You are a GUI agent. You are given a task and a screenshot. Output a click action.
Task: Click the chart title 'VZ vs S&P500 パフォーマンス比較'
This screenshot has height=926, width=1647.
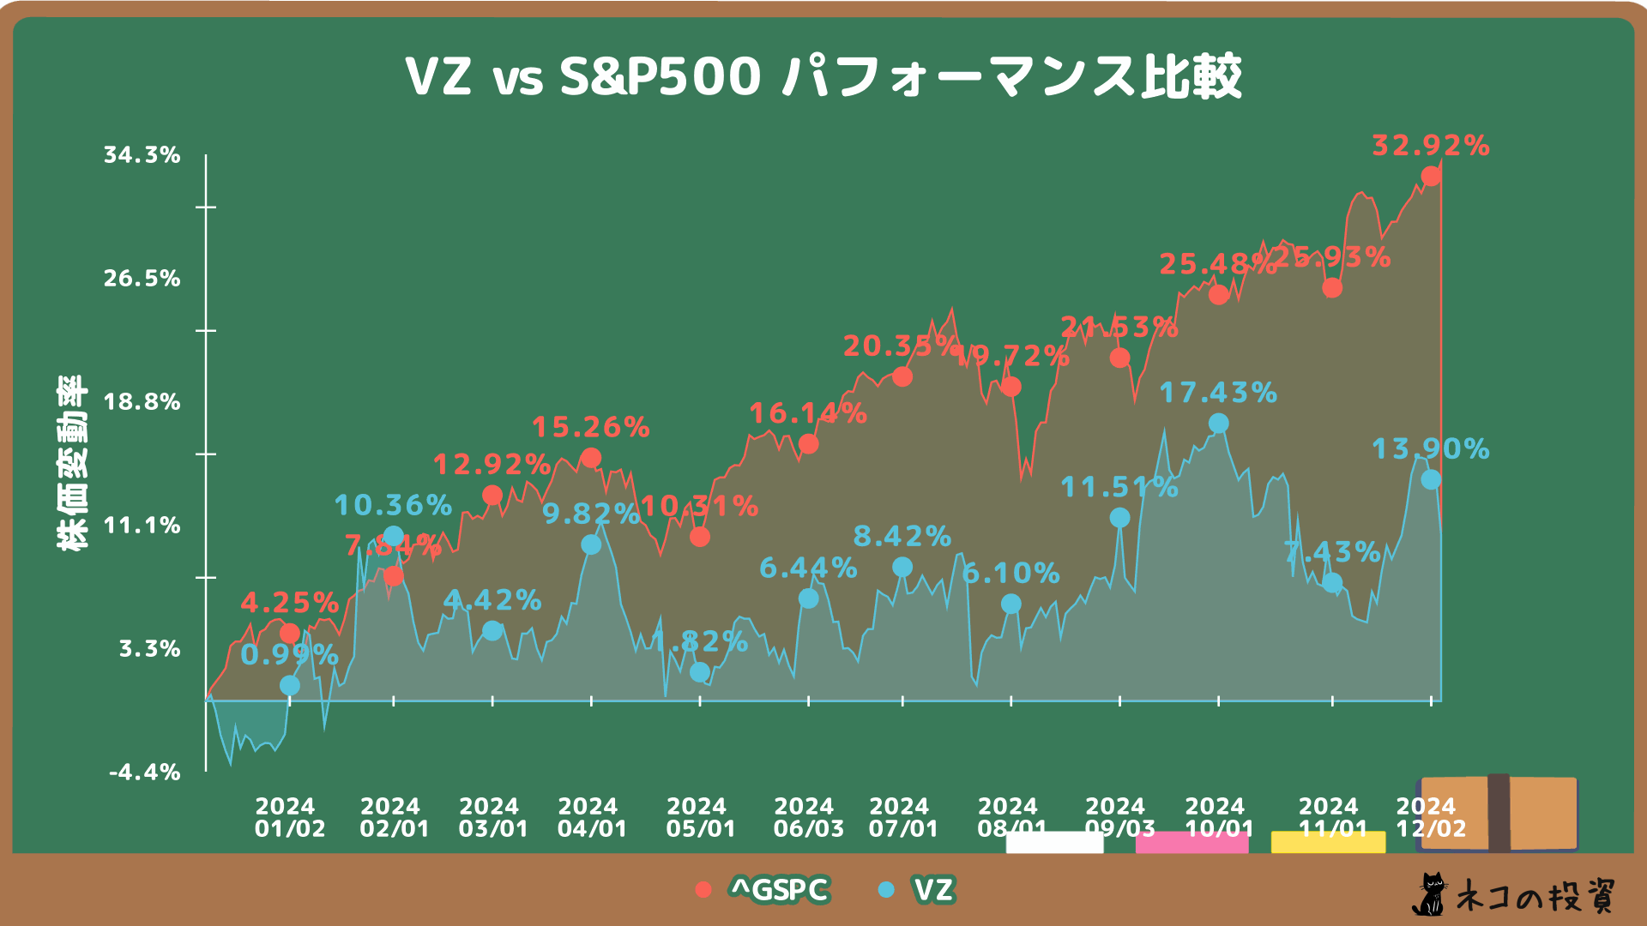[823, 76]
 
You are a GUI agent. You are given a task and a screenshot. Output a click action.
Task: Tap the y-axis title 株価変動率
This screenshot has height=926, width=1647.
[72, 463]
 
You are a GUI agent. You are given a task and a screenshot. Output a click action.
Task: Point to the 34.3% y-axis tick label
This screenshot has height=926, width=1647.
[142, 155]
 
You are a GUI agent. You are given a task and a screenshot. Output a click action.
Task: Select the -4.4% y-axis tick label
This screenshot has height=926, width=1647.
[145, 773]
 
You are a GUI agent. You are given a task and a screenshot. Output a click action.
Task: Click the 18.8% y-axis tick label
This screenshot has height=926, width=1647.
[142, 402]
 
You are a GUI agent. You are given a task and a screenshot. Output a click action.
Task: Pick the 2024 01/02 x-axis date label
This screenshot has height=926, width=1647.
[290, 818]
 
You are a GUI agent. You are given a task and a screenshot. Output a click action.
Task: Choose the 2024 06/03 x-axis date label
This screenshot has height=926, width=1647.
[808, 818]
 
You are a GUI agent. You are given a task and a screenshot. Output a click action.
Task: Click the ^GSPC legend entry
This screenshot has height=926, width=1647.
[763, 890]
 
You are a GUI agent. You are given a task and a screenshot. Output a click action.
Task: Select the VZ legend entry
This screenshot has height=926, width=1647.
[918, 890]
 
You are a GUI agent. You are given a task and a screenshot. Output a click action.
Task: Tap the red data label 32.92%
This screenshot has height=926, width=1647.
[1430, 146]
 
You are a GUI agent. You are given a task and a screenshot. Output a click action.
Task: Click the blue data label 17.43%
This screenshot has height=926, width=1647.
[1218, 393]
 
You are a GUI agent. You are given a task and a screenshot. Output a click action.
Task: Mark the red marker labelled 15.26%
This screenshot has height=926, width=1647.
[591, 458]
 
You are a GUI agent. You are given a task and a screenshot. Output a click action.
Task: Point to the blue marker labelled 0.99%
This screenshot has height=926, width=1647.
[290, 686]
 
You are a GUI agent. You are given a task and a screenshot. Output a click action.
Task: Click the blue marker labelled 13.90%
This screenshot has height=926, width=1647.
[1431, 480]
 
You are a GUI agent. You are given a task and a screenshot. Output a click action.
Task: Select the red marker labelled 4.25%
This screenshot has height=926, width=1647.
[290, 634]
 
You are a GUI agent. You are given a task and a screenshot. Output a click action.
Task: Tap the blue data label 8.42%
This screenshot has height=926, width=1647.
[902, 537]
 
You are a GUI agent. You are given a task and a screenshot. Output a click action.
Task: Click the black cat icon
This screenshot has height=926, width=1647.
[1429, 895]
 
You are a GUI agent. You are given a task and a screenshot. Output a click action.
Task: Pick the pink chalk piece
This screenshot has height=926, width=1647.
[1192, 842]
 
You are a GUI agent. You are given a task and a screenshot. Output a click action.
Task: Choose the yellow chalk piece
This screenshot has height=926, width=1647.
[1328, 842]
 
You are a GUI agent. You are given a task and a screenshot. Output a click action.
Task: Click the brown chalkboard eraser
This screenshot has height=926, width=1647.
[1499, 813]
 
